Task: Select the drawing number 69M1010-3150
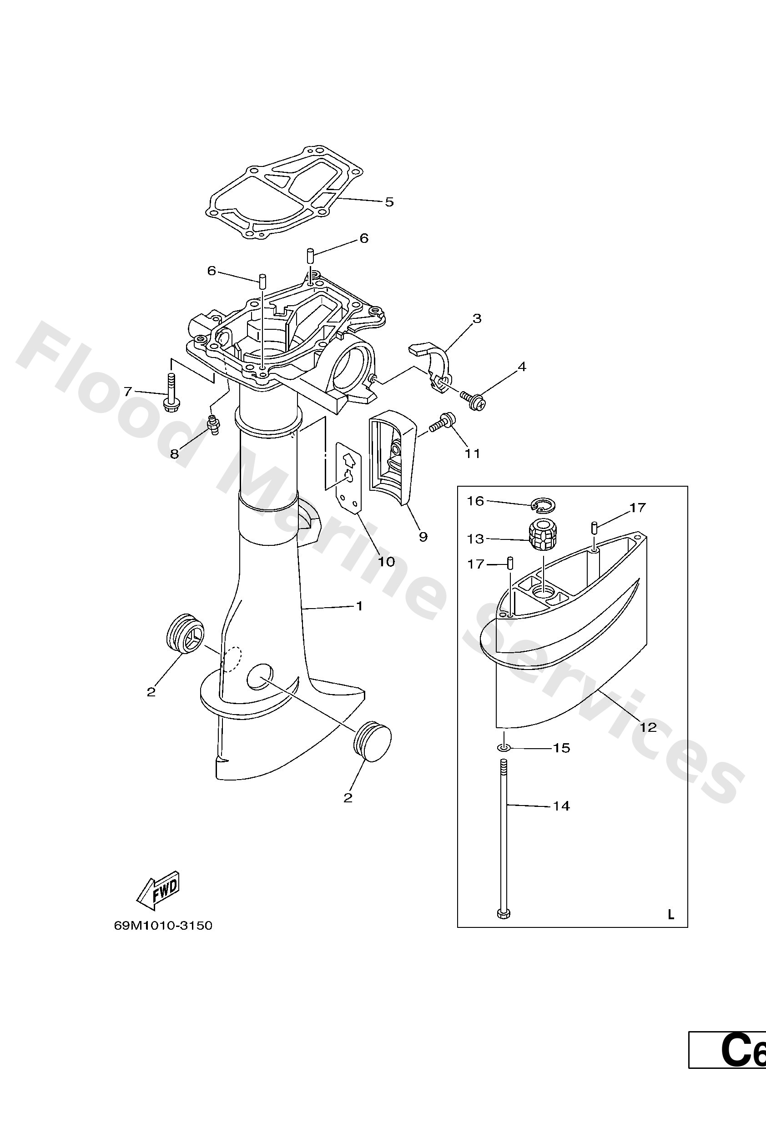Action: (x=163, y=926)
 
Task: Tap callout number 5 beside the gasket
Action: (x=389, y=202)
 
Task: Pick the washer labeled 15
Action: (x=504, y=748)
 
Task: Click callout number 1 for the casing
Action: (x=359, y=606)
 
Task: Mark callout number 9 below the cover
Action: (x=423, y=536)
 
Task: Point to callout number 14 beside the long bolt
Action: (x=561, y=806)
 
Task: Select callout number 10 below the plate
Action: (x=386, y=562)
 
